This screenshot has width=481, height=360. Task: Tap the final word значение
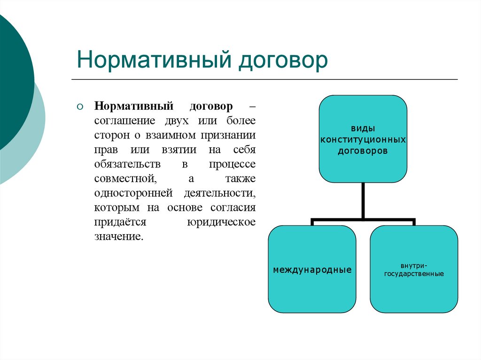pos(117,237)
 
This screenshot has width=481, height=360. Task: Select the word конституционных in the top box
pos(363,140)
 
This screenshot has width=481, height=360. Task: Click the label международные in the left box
pos(312,270)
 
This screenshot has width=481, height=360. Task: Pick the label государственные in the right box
pos(414,274)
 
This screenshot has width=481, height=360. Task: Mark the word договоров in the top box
pos(363,152)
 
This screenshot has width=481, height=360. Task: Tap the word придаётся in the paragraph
pos(120,222)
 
